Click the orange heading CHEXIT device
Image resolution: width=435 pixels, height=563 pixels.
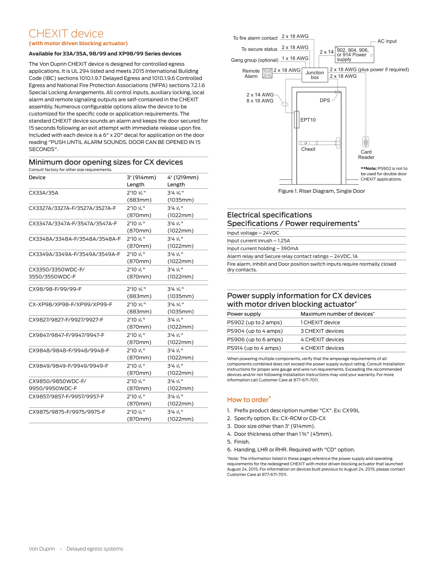66,33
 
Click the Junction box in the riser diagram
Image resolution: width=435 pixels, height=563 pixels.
315,75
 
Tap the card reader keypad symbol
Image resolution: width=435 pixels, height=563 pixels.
366,142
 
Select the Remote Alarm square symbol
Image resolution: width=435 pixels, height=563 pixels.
267,73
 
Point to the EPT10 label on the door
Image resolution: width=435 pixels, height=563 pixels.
308,120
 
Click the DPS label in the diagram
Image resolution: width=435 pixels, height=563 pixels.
324,100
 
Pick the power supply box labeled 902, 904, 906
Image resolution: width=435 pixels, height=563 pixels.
354,55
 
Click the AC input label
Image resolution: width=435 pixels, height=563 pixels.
387,41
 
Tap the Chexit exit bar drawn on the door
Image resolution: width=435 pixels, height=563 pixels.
319,143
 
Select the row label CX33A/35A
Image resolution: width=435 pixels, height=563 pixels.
43,193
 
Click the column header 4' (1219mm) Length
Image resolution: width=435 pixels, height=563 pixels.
183,181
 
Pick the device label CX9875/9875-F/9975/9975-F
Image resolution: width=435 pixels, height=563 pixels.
67,412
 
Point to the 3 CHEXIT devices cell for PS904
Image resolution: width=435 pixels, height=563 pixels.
322,331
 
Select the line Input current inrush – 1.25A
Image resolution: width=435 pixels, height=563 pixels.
258,241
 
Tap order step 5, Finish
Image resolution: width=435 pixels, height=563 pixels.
242,442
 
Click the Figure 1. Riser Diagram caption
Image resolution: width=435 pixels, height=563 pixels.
321,191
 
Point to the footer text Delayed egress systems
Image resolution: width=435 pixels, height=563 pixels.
95,549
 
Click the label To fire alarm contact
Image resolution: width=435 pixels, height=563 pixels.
255,38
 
